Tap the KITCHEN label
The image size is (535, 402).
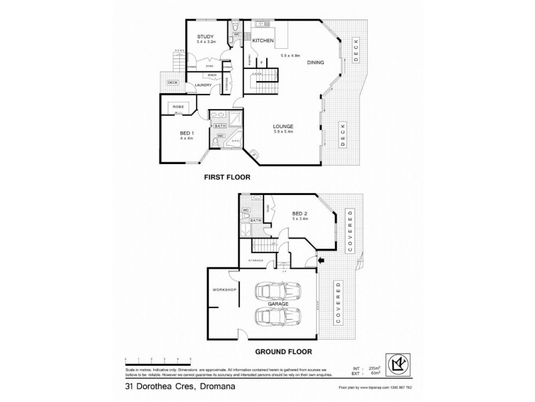263,41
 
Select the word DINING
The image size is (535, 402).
316,62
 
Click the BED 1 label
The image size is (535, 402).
186,133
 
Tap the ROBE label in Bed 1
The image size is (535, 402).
179,107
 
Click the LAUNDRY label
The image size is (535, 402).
203,85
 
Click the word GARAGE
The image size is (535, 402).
278,304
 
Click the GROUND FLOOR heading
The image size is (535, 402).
284,351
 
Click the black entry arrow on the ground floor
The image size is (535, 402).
320,260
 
